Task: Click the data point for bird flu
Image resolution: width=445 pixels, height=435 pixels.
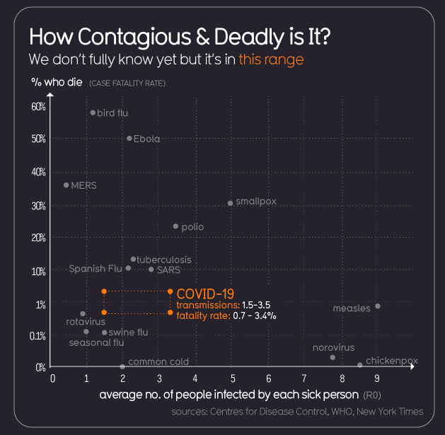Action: (x=93, y=112)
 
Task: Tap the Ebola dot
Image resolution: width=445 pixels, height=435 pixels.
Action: (x=129, y=139)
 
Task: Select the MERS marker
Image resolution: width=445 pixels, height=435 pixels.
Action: (x=67, y=185)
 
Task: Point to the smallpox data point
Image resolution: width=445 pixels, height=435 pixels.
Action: (x=231, y=203)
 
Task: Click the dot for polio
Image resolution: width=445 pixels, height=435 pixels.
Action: (x=175, y=226)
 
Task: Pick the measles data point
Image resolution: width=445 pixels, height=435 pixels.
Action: (x=378, y=306)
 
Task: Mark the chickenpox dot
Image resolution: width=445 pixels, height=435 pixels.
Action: (x=360, y=365)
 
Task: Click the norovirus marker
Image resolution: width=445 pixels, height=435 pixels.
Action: (x=333, y=357)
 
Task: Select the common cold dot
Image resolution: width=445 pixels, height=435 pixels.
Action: (x=122, y=366)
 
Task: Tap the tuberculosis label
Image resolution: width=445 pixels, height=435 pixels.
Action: (x=164, y=260)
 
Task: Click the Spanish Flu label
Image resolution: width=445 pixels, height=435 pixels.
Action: (x=96, y=269)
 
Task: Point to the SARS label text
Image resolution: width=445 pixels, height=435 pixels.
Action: (x=168, y=269)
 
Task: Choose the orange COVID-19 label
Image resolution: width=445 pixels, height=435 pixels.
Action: (x=205, y=293)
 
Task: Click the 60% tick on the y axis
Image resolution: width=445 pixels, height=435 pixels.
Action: (x=38, y=107)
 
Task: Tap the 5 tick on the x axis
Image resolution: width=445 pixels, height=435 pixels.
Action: (x=231, y=379)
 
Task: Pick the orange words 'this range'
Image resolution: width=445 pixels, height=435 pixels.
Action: (x=271, y=59)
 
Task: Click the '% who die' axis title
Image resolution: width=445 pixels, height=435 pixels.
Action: (x=57, y=82)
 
